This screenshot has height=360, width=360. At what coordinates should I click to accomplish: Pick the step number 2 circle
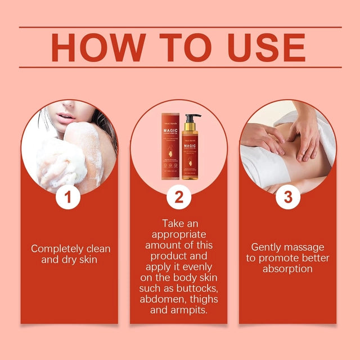[x=179, y=197]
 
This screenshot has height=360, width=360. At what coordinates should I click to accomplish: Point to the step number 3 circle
[x=288, y=197]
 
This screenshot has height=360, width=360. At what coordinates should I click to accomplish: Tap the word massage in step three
[x=309, y=247]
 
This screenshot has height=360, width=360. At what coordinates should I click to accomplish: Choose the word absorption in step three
[x=287, y=269]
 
